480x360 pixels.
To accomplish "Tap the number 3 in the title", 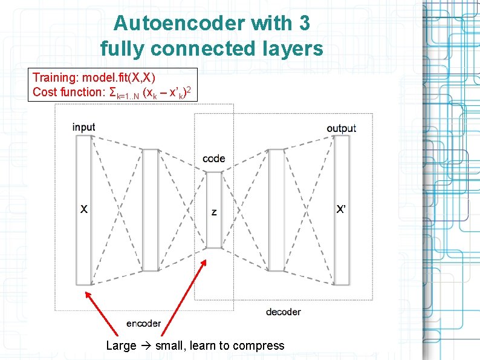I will point(303,24).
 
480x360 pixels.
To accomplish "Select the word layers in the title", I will point(291,48).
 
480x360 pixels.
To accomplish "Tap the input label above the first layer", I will point(83,127).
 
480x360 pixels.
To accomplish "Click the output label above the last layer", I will point(341,128).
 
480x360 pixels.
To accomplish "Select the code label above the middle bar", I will point(214,159).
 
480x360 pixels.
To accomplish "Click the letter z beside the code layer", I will point(214,212).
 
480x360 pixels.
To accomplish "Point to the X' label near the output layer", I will point(342,209).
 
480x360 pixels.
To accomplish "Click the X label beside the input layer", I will point(84,209).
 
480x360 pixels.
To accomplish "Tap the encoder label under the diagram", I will point(143,323).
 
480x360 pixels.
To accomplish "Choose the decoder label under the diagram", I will point(283,312).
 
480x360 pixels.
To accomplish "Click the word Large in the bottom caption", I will point(121,345).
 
